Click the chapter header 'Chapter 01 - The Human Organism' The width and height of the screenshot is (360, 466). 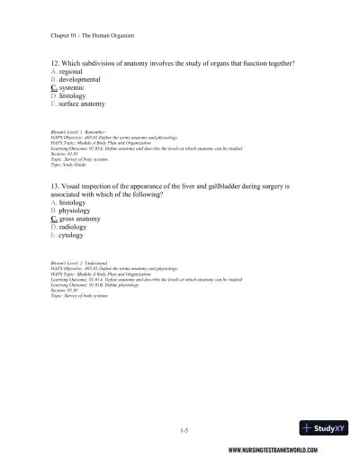click(93, 35)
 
